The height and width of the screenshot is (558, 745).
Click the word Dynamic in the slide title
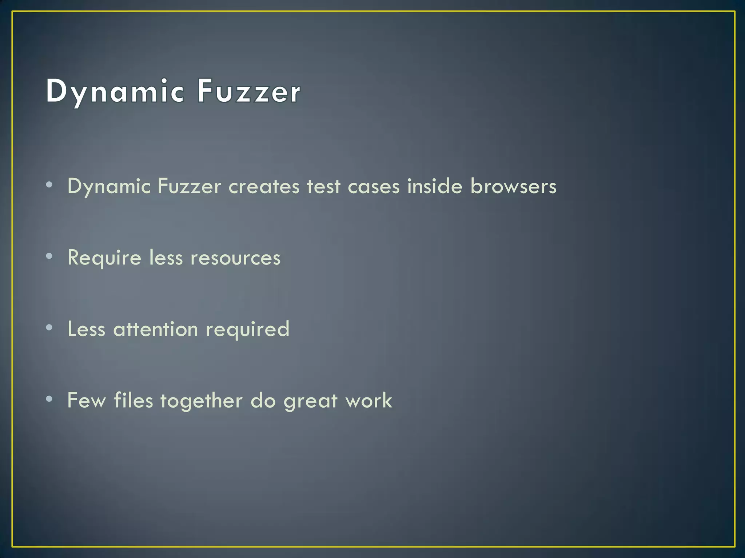coord(115,92)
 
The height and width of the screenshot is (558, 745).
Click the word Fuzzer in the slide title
coord(249,92)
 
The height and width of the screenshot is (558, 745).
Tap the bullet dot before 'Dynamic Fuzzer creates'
coord(49,185)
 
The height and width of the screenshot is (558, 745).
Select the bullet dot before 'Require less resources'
coord(49,256)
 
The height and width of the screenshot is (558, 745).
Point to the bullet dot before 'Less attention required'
coord(49,328)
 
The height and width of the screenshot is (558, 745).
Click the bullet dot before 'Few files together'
coord(49,399)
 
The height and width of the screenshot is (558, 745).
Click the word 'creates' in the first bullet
coord(264,187)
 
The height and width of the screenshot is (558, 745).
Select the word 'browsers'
coord(513,187)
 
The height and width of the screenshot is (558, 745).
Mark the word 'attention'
coord(156,329)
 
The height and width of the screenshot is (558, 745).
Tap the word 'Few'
coord(87,401)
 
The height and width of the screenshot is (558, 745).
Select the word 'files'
coord(134,401)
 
